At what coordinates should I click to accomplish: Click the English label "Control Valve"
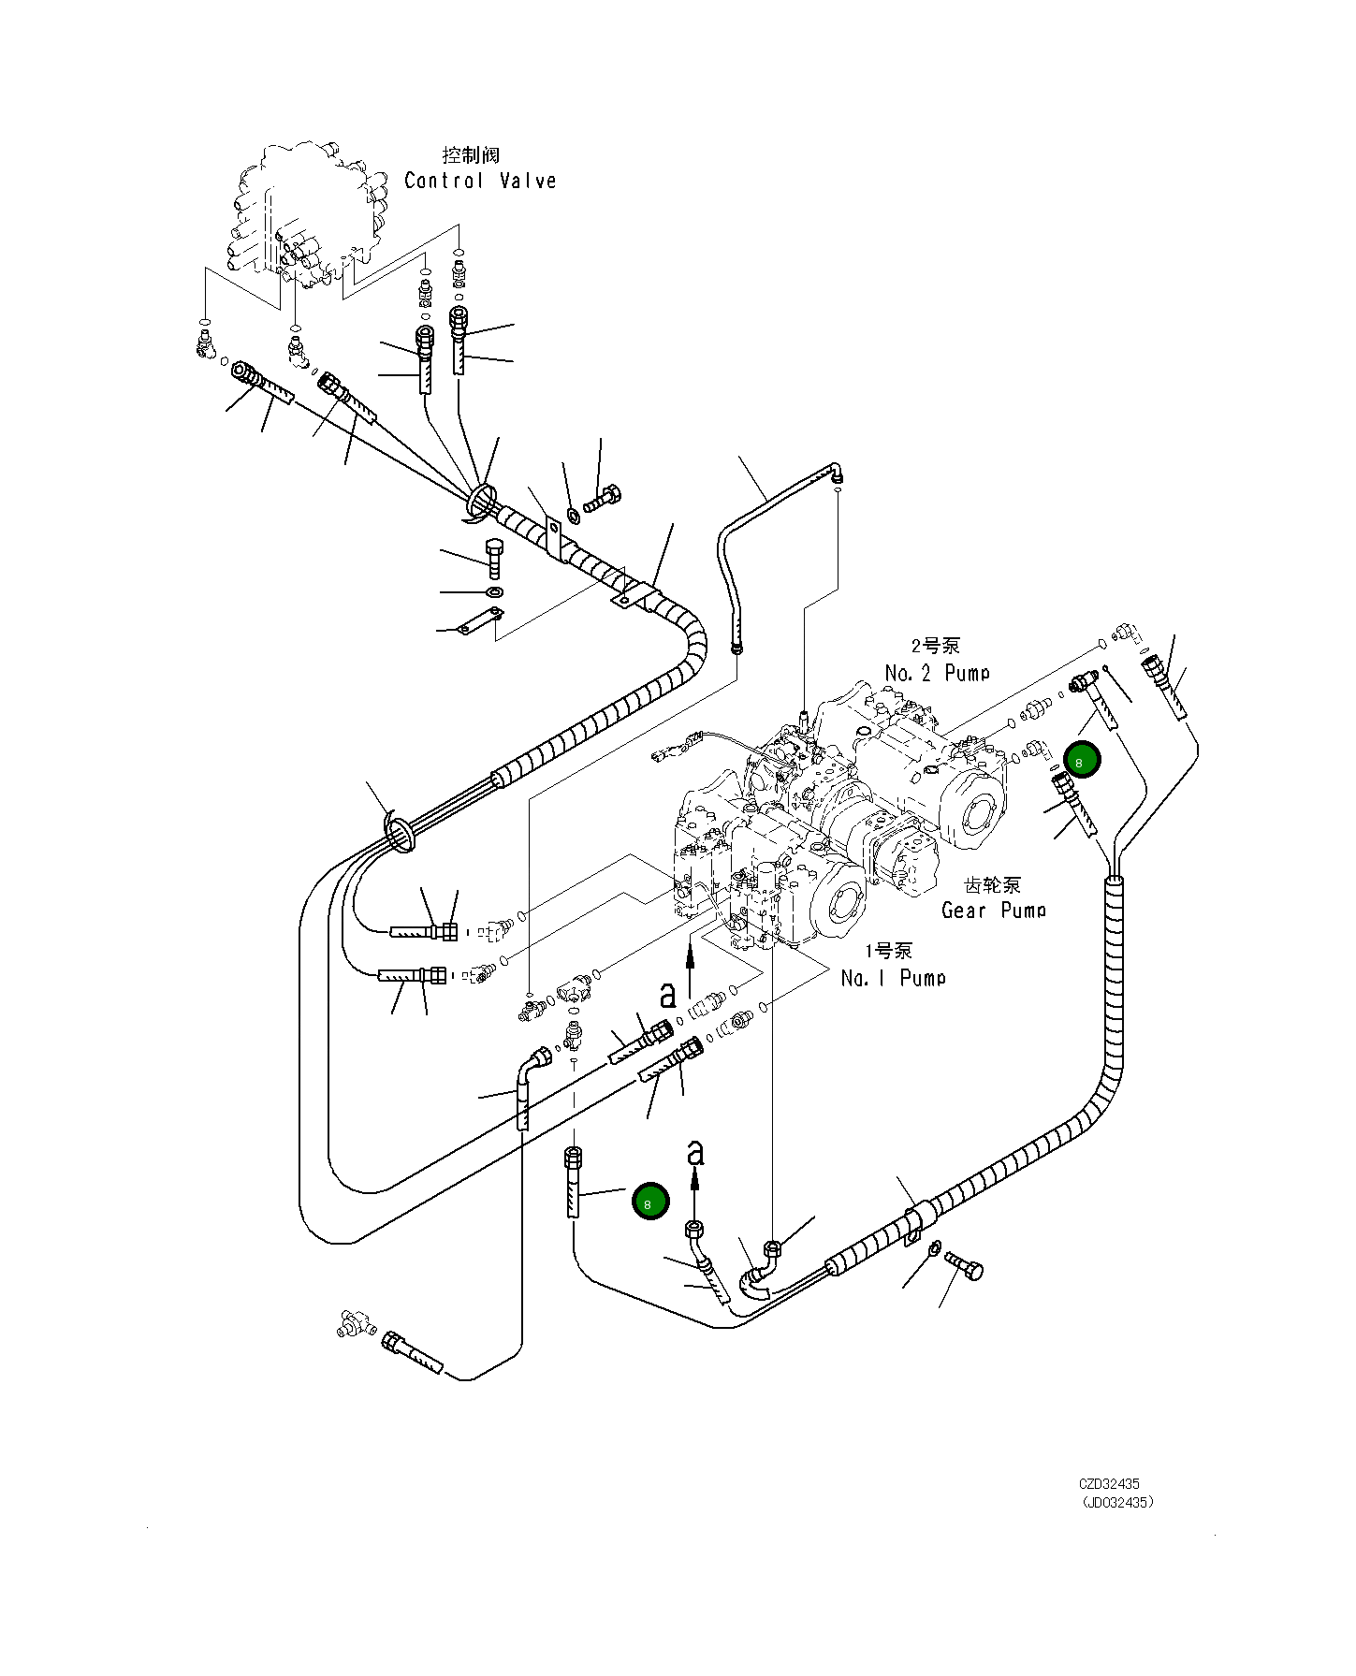point(480,181)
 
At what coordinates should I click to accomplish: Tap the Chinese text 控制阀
point(471,154)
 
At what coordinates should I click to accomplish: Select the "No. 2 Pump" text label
point(937,673)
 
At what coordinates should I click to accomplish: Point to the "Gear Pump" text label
point(993,910)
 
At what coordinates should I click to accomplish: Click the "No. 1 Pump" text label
point(893,978)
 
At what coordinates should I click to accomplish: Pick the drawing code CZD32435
point(1109,1484)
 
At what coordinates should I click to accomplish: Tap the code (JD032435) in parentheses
point(1117,1503)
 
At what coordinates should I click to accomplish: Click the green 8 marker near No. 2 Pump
point(1082,760)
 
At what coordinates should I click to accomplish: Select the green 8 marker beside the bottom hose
point(650,1202)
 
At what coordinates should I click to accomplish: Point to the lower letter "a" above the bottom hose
point(694,1153)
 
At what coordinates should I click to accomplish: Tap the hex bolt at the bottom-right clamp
point(967,1266)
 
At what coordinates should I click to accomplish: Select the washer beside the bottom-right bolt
point(935,1251)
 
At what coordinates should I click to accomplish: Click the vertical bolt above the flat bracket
point(494,558)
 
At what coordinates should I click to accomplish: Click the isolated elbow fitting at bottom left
point(355,1324)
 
